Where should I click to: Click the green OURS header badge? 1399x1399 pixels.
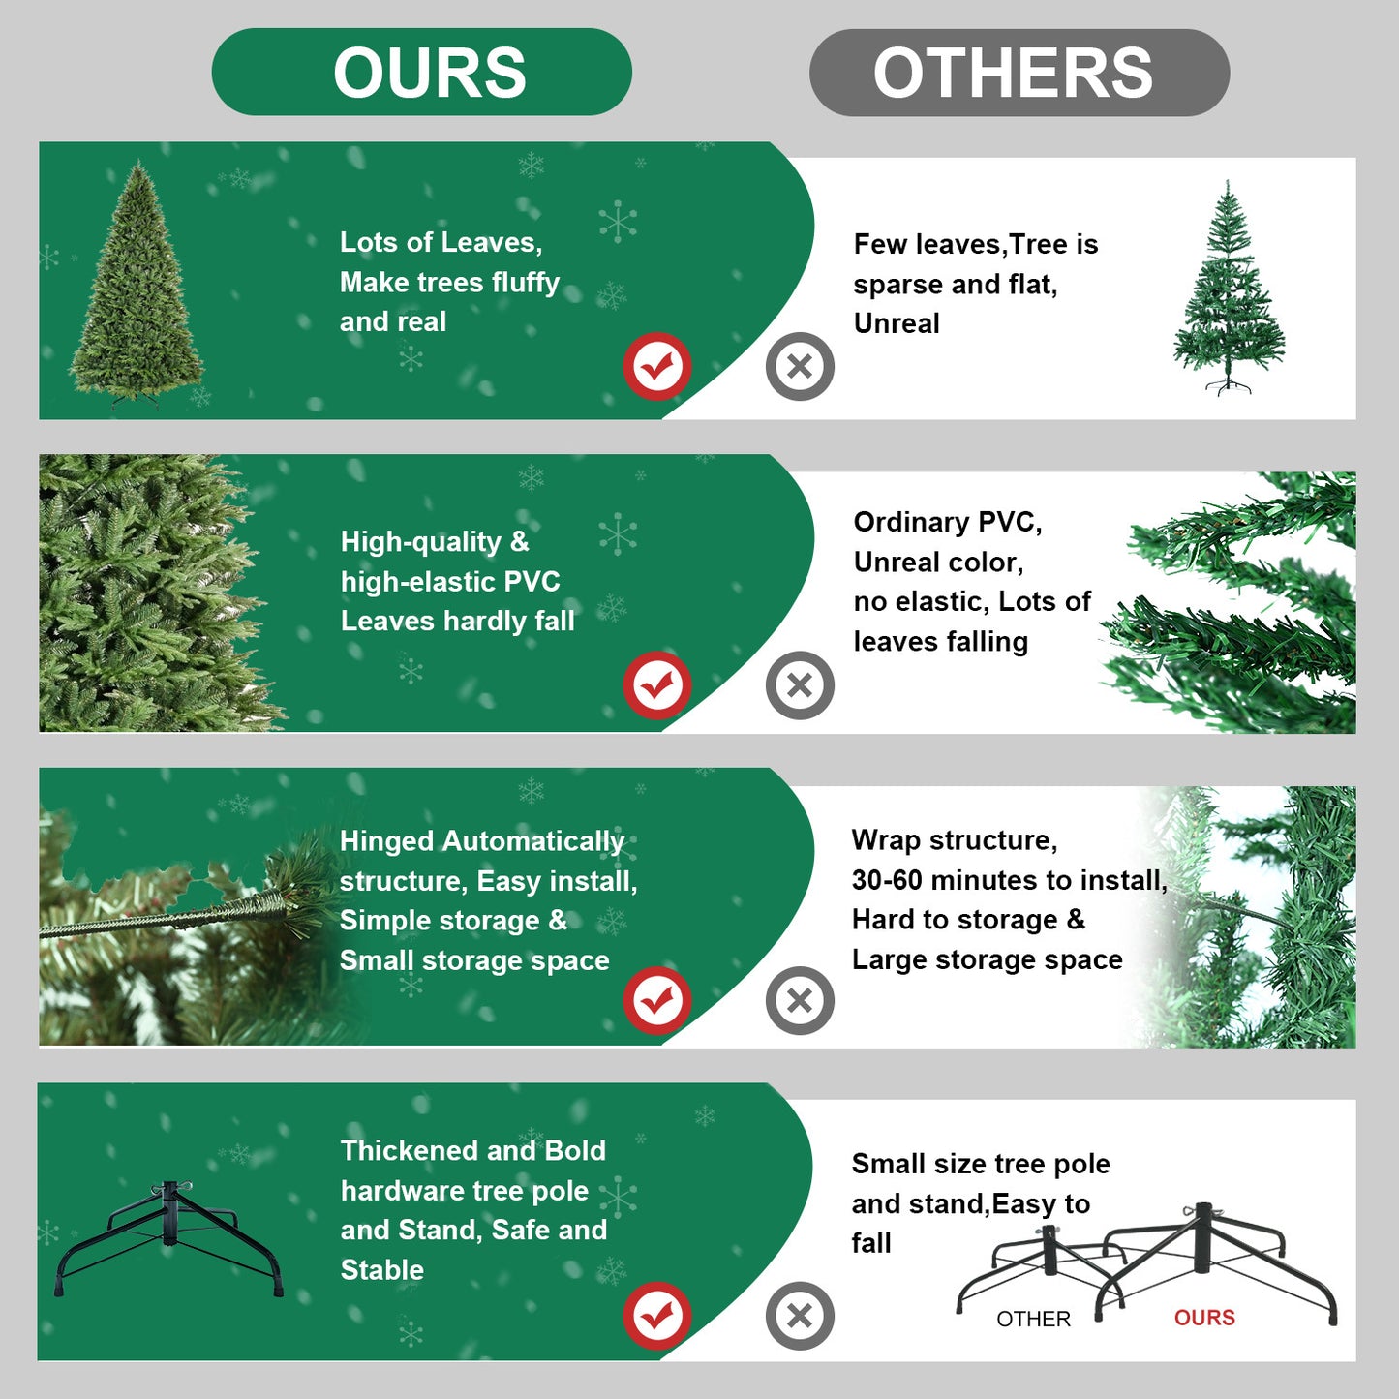[x=422, y=73]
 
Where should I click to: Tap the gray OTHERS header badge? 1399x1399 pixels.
[x=1019, y=73]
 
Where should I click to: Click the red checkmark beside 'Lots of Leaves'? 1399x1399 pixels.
[x=657, y=367]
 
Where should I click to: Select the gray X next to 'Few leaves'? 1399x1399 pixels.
[x=800, y=367]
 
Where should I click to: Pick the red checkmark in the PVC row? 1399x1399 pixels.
[x=657, y=685]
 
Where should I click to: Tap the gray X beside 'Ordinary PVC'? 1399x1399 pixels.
[x=800, y=685]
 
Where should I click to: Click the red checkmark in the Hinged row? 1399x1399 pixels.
[x=657, y=1000]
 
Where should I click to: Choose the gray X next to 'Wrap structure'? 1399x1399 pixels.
[x=800, y=1000]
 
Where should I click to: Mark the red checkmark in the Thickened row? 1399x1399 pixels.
[x=657, y=1316]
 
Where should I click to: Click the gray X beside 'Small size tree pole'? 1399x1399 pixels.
[x=800, y=1316]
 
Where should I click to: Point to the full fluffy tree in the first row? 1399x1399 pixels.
[x=137, y=287]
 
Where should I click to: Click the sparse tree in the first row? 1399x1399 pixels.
[x=1229, y=289]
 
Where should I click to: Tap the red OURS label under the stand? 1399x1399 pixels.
[x=1204, y=1318]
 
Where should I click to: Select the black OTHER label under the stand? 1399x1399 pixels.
[x=1033, y=1319]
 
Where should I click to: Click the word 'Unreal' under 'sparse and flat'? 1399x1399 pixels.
[x=897, y=323]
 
